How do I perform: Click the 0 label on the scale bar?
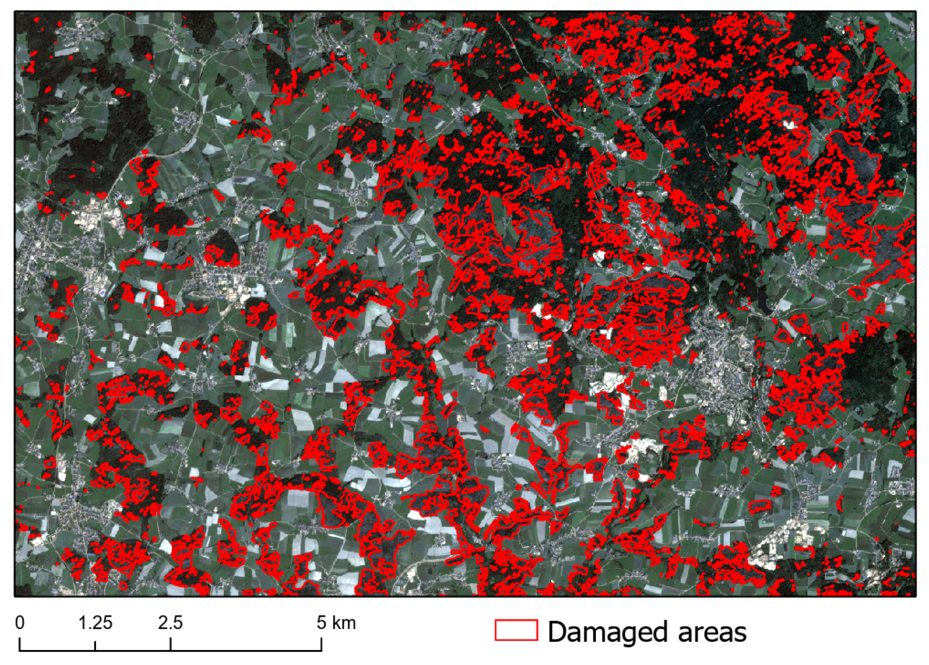[20, 623]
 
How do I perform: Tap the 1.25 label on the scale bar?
[95, 623]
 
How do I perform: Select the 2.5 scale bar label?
[170, 623]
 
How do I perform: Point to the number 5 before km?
[321, 623]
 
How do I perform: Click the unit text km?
[344, 623]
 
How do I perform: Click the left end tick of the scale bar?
[20, 646]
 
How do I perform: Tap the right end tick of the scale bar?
[321, 646]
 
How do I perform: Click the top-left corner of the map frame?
[15, 11]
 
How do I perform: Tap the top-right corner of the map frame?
[916, 11]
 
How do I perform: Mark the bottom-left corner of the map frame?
[15, 596]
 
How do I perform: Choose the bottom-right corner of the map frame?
[916, 596]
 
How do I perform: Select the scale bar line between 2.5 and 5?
[246, 650]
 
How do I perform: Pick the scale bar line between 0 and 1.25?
[57, 650]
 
